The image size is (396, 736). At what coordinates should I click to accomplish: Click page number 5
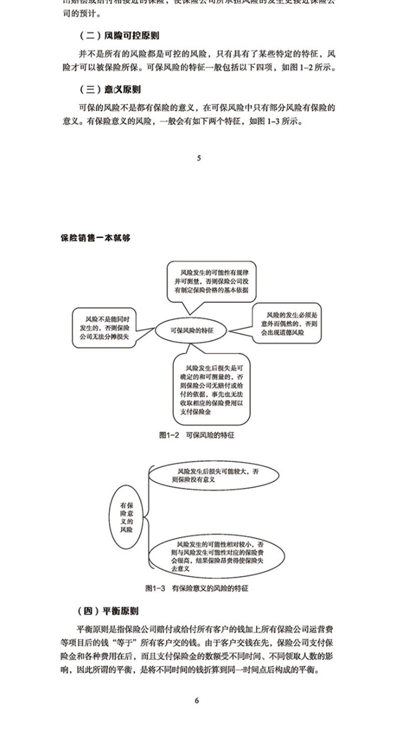[x=199, y=158]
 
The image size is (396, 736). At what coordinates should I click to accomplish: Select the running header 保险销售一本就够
[x=95, y=238]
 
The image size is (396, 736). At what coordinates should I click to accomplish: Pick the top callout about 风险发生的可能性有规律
[x=211, y=281]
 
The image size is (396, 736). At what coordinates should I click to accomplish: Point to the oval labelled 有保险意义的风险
[x=126, y=517]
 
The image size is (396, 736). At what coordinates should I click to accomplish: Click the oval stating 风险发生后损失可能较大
[x=215, y=476]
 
